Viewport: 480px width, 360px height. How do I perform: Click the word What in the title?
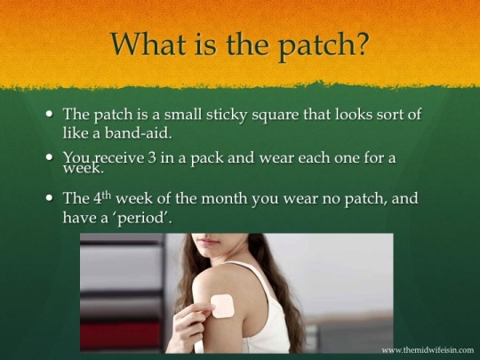pyautogui.click(x=148, y=44)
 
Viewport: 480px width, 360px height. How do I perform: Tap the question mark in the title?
pyautogui.click(x=361, y=43)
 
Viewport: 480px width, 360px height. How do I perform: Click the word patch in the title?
pyautogui.click(x=316, y=46)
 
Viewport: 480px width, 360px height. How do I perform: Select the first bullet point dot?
pyautogui.click(x=49, y=114)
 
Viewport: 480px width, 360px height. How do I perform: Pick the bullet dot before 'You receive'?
pyautogui.click(x=49, y=157)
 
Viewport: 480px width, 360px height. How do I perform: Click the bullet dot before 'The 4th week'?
pyautogui.click(x=49, y=197)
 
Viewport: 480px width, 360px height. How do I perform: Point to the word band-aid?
pyautogui.click(x=138, y=132)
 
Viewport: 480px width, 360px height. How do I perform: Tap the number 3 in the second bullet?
pyautogui.click(x=152, y=158)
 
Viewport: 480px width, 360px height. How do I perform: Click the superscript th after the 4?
pyautogui.click(x=107, y=194)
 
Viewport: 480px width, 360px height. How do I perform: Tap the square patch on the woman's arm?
pyautogui.click(x=223, y=306)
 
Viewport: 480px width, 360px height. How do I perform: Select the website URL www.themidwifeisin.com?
pyautogui.click(x=428, y=349)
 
